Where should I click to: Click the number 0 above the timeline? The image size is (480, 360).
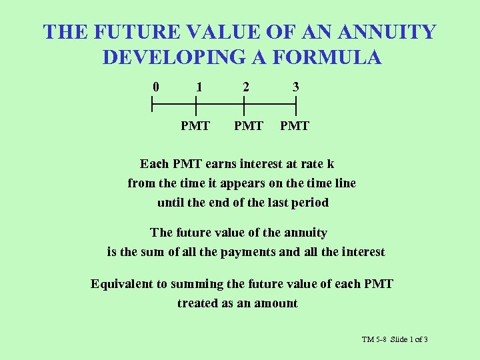155,87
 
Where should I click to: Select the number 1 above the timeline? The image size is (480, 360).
199,87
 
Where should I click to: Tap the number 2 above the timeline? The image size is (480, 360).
246,87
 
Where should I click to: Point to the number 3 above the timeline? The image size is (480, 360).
295,87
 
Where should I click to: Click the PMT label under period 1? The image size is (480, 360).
195,125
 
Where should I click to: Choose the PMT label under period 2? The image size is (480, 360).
248,125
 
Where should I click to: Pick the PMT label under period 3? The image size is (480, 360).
295,125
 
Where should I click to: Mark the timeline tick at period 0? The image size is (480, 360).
152,104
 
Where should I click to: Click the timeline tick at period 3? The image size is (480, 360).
296,104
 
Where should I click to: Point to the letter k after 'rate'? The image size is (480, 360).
331,163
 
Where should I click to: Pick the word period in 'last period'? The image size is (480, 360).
310,202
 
